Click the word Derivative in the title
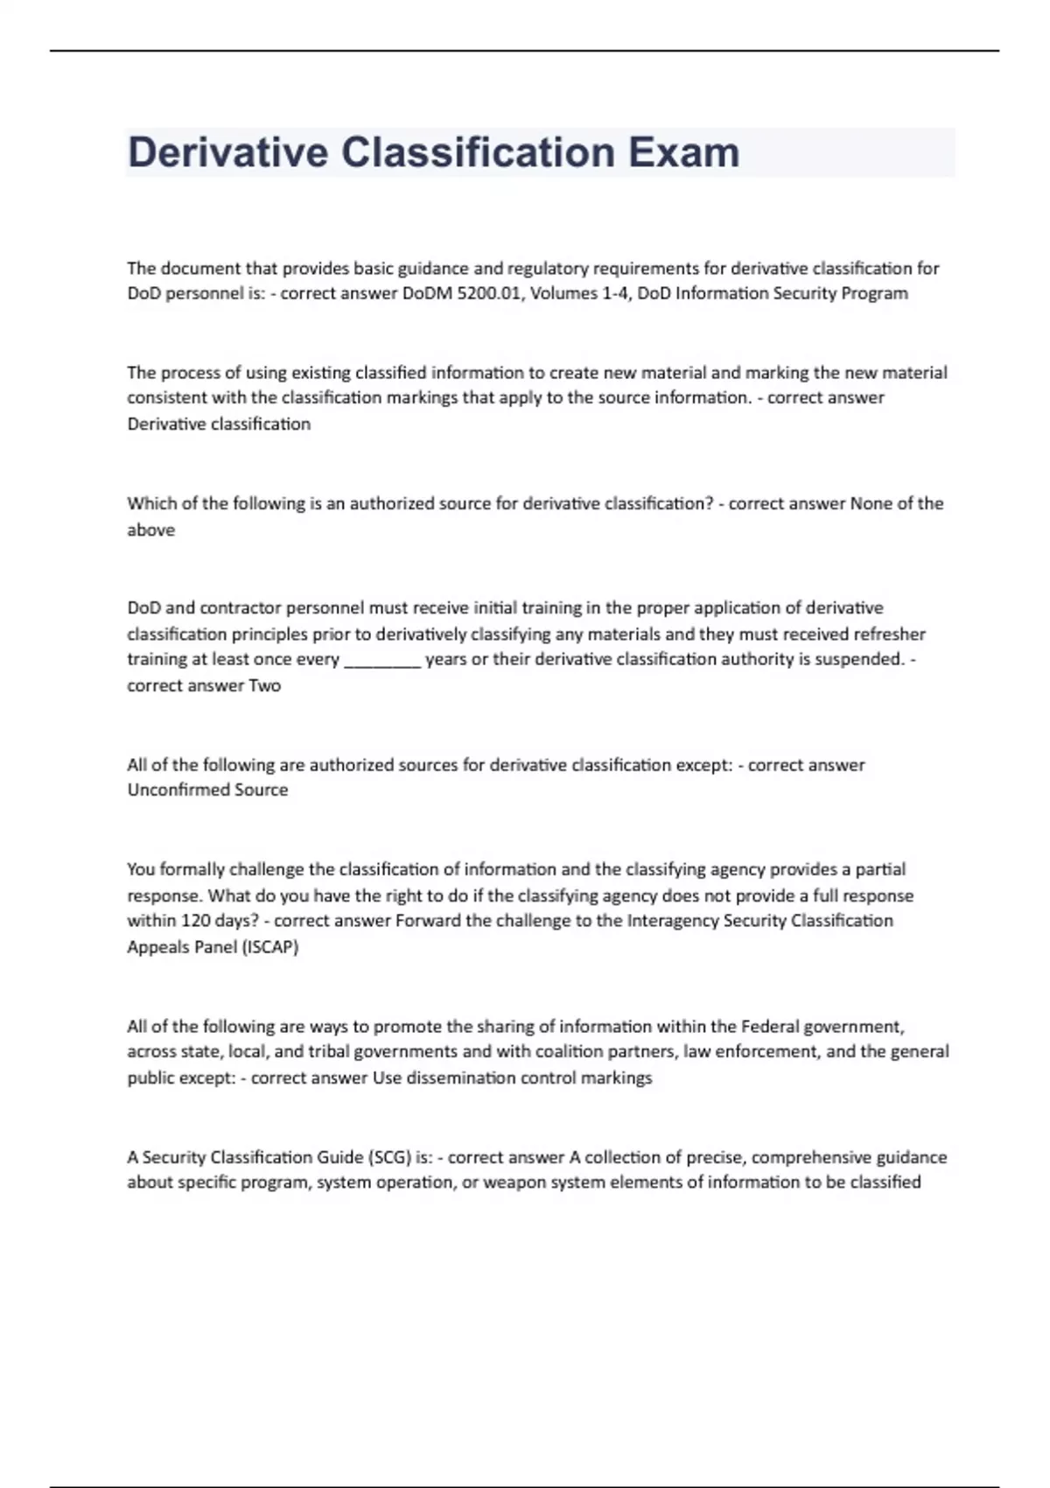tap(227, 152)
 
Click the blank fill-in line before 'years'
tap(383, 660)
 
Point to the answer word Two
tap(264, 685)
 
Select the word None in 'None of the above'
tap(872, 503)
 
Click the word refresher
tap(889, 634)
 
